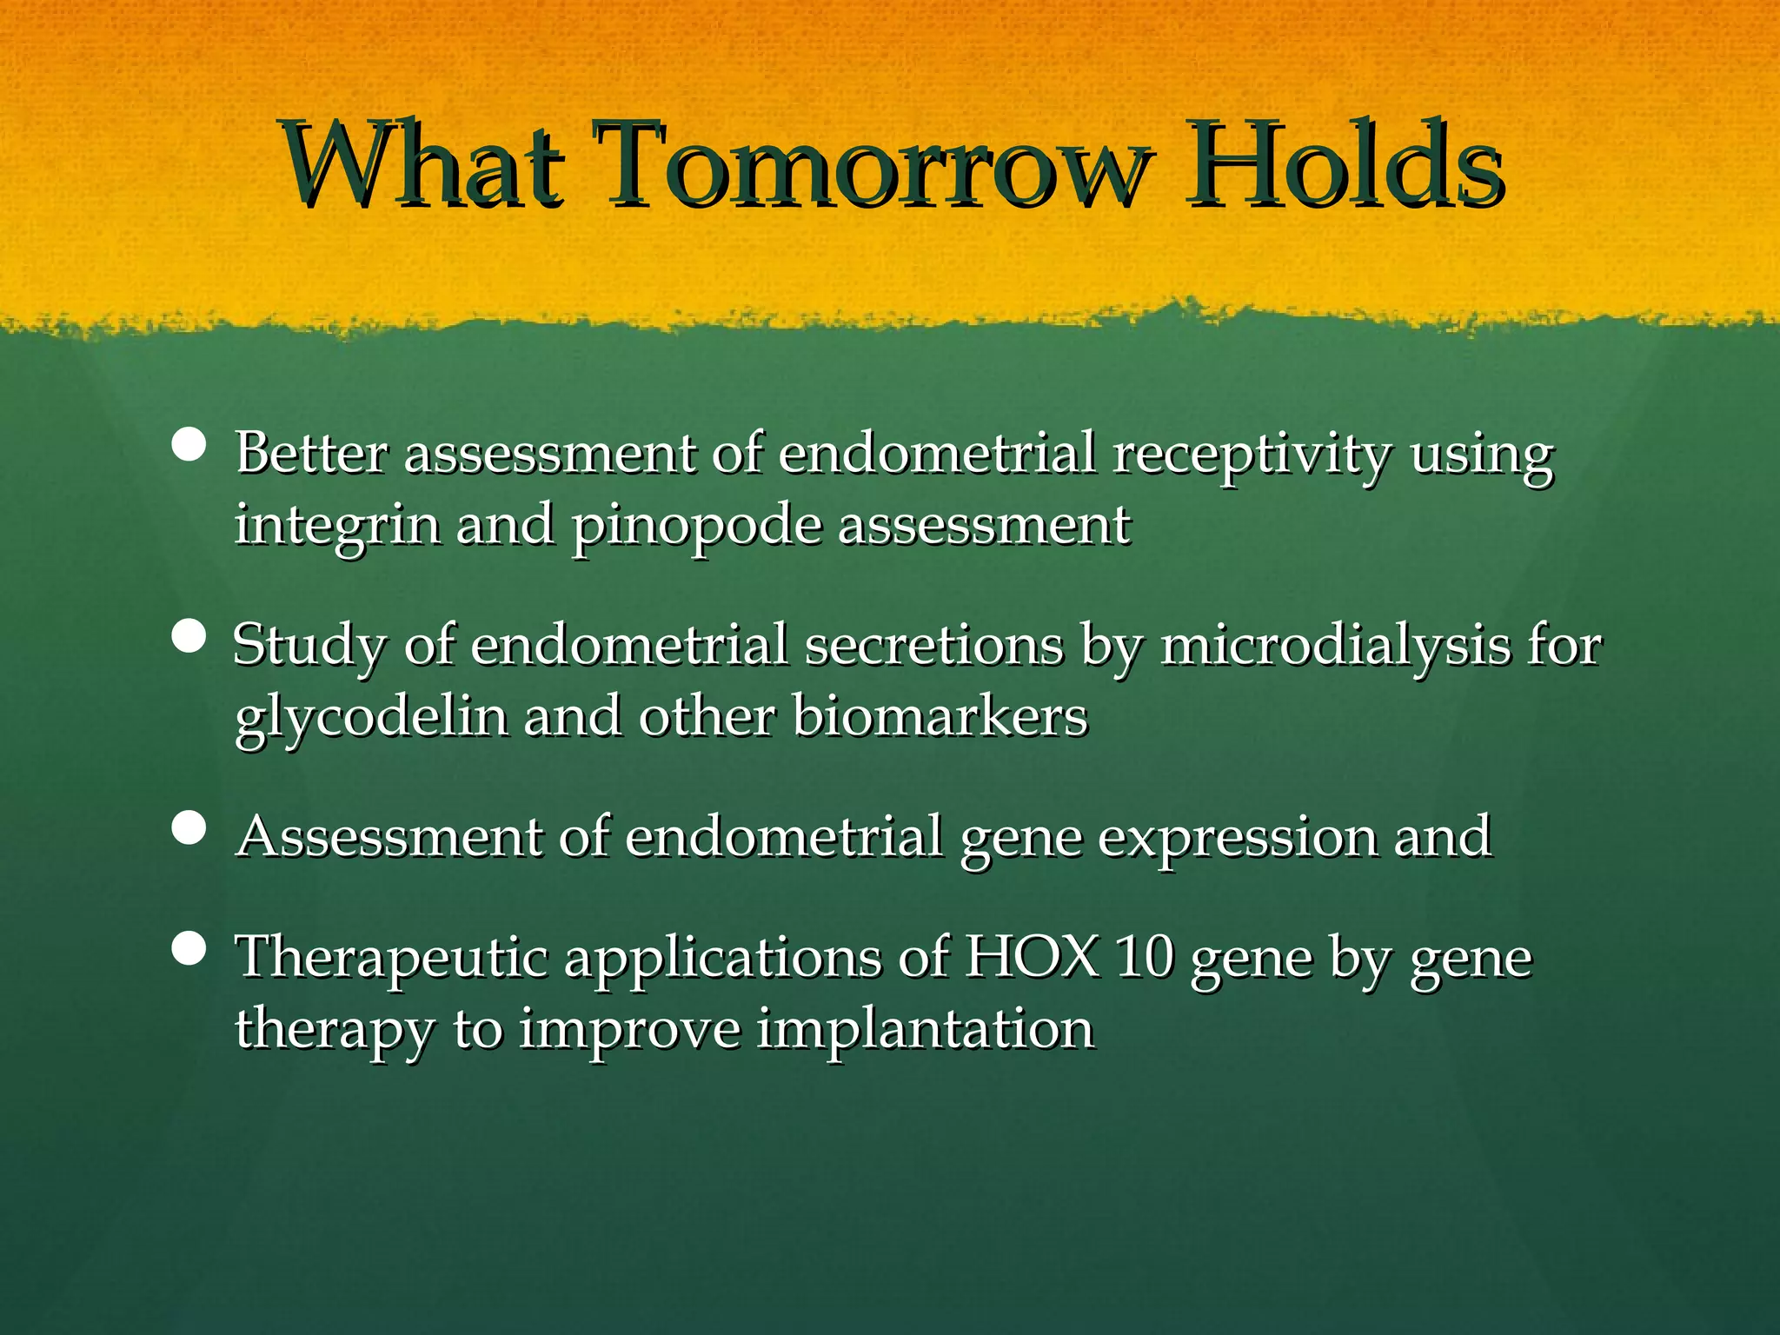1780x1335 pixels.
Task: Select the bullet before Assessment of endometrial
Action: click(189, 828)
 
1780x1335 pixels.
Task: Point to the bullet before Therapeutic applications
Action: click(189, 949)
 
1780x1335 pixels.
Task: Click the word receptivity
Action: click(1252, 455)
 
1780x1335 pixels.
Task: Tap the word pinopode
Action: click(696, 527)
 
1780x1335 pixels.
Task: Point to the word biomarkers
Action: click(940, 718)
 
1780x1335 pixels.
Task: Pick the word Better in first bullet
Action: click(311, 454)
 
